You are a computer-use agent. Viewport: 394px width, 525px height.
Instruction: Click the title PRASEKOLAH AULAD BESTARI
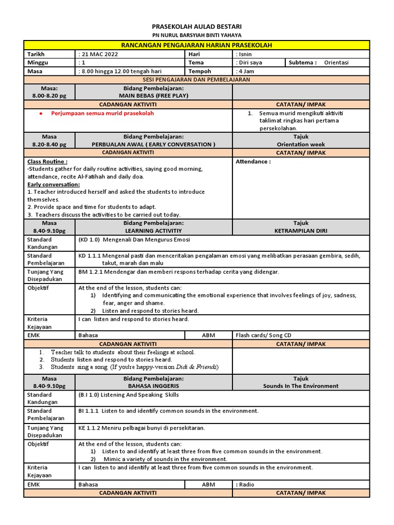197,26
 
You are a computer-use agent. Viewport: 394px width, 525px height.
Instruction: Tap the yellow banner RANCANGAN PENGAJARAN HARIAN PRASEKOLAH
196,46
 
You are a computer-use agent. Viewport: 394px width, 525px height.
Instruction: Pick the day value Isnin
244,54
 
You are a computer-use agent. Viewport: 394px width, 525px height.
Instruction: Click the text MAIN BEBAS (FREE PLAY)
153,95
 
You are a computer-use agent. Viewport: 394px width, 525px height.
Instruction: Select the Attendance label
253,161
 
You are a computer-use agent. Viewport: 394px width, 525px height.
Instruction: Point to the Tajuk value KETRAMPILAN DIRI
301,231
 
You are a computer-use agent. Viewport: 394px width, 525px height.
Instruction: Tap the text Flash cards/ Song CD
263,335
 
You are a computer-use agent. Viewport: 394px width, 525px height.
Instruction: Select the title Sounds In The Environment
301,386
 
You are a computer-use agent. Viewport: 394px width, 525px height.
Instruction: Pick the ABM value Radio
245,484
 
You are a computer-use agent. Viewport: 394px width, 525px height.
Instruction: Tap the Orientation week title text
301,145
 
